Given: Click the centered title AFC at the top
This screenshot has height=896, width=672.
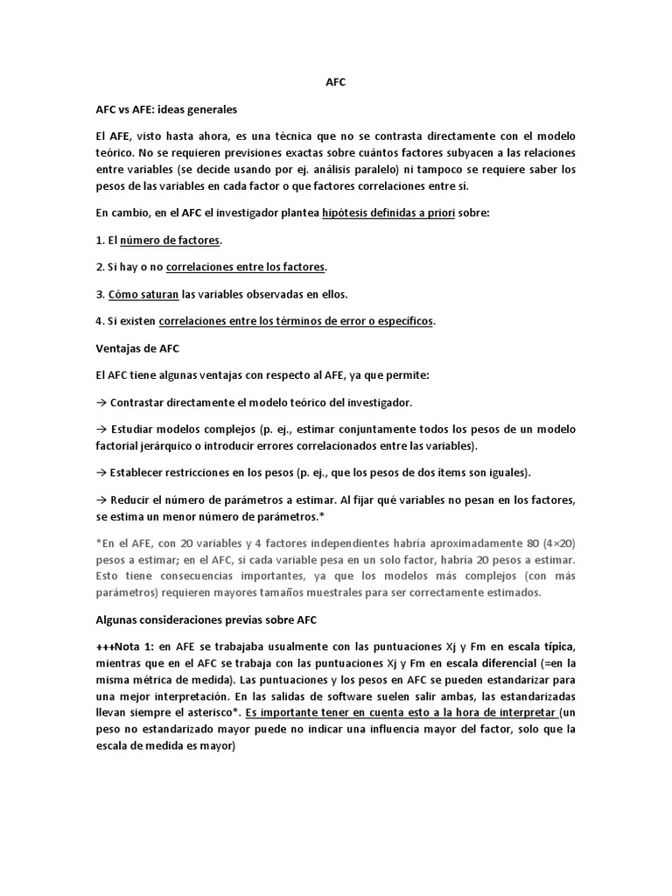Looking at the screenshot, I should [336, 84].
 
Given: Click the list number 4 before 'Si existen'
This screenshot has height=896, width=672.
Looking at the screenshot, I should [99, 321].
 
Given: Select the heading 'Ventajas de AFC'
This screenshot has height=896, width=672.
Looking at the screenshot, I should [137, 347].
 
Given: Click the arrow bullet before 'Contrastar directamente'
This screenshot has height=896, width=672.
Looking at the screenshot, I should [101, 402].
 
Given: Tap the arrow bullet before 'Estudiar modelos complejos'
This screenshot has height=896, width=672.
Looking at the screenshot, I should [101, 430].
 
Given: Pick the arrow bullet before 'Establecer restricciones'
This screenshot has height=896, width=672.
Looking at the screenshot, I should [101, 472].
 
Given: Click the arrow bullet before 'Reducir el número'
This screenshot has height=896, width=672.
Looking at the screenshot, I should [101, 500].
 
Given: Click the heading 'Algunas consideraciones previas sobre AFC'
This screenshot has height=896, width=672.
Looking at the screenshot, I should [206, 619].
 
